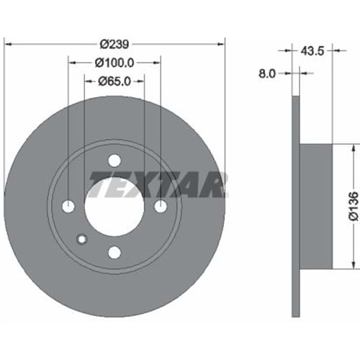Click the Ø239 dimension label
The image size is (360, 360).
[114, 44]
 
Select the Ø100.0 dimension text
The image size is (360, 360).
[114, 63]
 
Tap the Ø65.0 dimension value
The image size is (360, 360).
[114, 81]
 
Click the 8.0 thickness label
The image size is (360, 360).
[267, 73]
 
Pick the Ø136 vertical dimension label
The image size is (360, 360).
[354, 206]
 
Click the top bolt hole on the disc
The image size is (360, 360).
[114, 161]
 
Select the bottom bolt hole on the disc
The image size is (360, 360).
[114, 252]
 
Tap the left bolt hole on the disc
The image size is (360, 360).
[68, 206]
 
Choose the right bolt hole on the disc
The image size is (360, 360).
[161, 206]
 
